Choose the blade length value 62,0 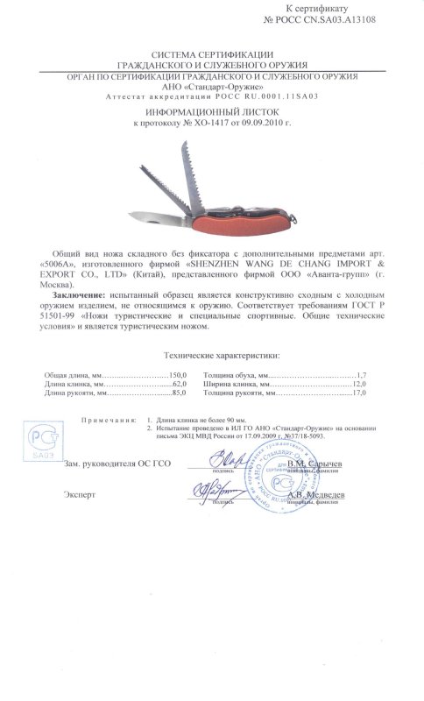(180, 407)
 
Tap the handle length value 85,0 (180, 419)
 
